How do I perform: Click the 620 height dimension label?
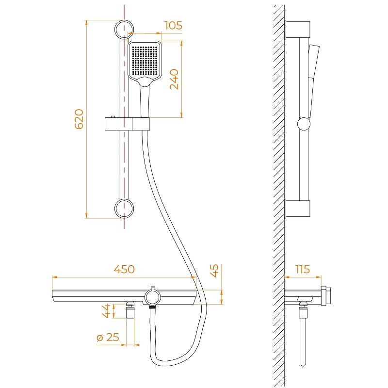(x=79, y=119)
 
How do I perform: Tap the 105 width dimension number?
(x=174, y=26)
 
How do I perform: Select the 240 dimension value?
(x=174, y=79)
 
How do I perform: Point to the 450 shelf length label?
(x=124, y=269)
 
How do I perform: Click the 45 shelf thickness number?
(x=214, y=271)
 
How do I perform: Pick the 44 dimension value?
(x=106, y=311)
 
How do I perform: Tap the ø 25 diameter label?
(x=108, y=337)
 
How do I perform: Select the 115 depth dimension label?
(x=303, y=269)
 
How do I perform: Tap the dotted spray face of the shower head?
(x=145, y=61)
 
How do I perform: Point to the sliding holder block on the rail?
(x=127, y=124)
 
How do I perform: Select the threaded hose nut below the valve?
(x=153, y=307)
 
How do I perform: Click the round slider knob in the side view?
(x=304, y=124)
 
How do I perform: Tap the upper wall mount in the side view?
(x=297, y=30)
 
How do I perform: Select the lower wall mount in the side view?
(x=297, y=209)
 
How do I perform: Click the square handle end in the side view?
(x=326, y=296)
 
